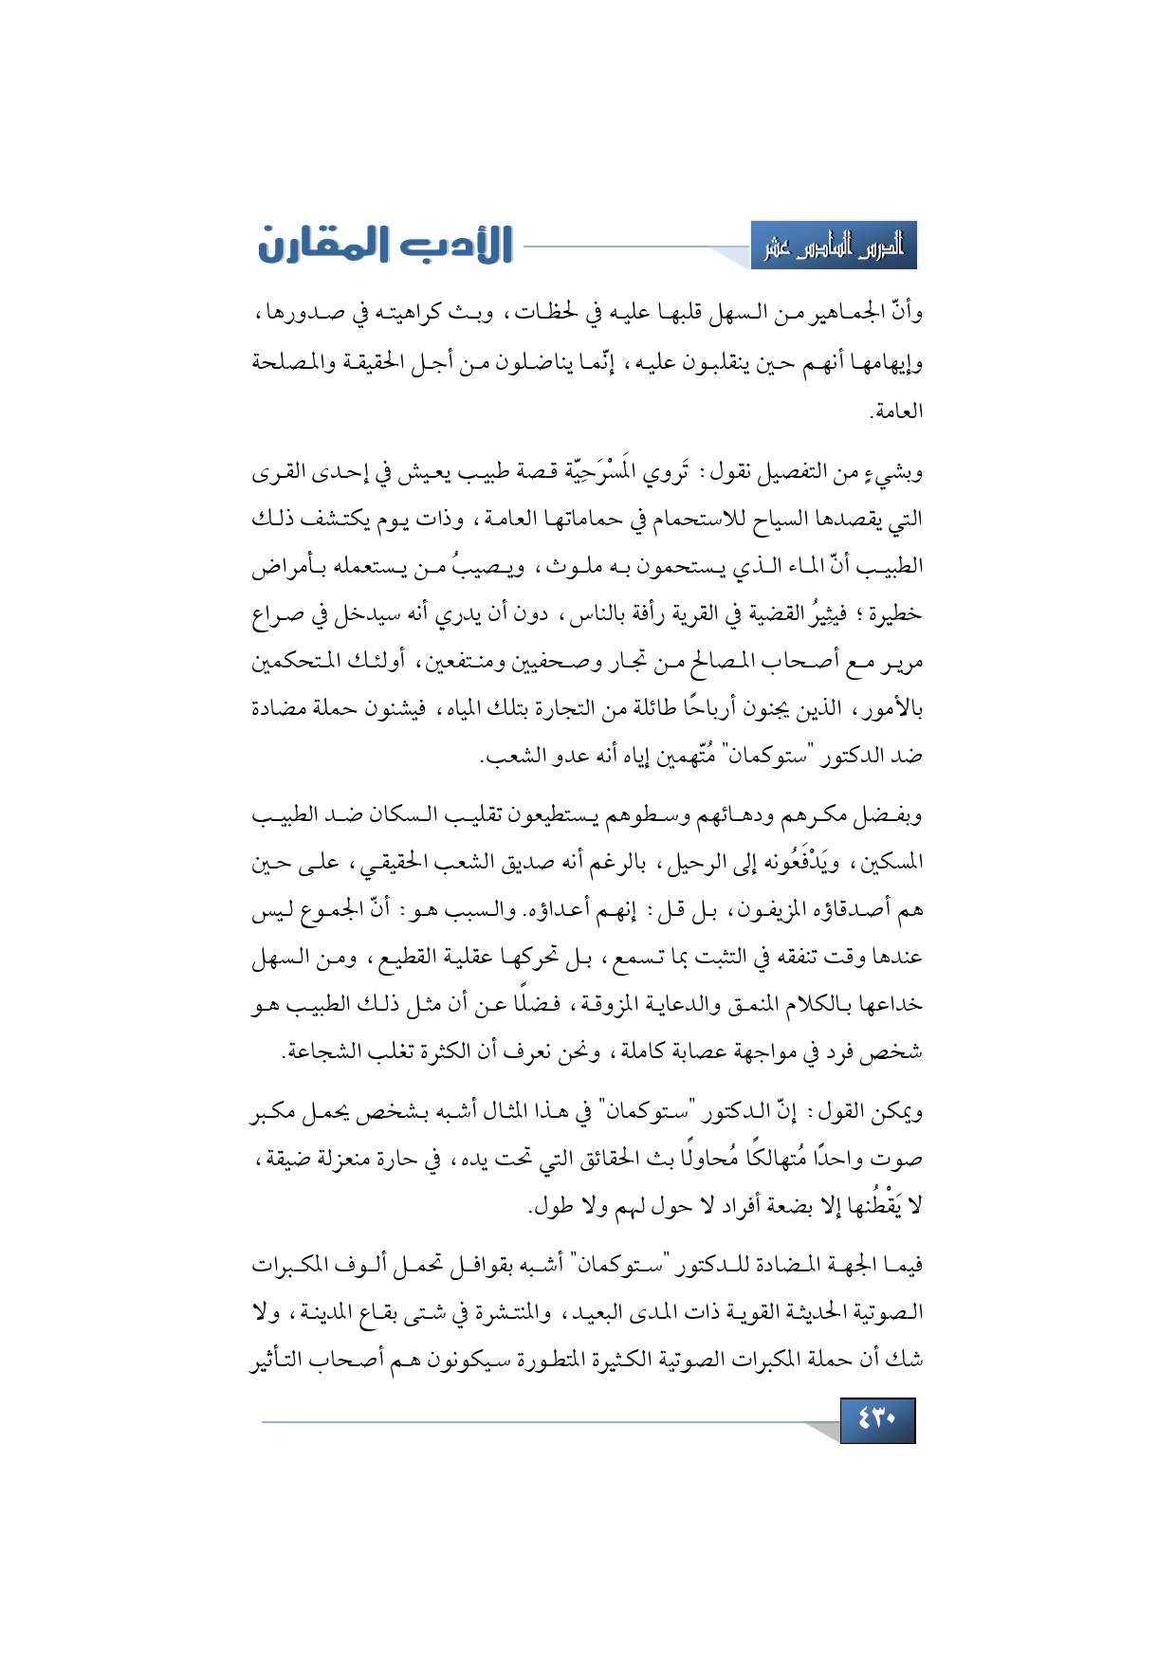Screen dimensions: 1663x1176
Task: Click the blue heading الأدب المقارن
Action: point(385,245)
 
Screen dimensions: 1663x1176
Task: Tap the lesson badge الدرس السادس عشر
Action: point(834,247)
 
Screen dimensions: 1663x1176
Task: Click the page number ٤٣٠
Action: point(877,1419)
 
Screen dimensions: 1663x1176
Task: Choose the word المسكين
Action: point(893,863)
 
